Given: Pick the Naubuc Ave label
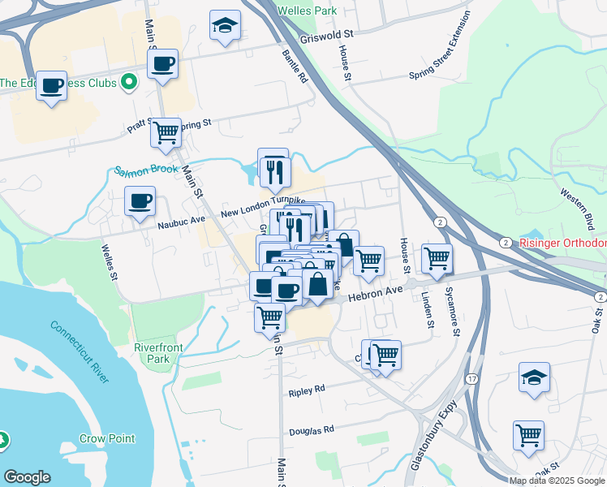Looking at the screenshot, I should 181,219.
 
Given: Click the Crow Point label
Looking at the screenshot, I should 107,438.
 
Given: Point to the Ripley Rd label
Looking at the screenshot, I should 306,391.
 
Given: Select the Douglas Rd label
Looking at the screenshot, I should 311,430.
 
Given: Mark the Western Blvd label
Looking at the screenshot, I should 577,211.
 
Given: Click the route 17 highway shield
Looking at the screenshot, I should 471,379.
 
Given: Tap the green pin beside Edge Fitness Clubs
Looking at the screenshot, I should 128,82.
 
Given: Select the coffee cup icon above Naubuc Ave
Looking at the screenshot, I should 140,200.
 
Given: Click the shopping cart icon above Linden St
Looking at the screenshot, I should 437,258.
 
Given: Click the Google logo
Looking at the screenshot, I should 27,477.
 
